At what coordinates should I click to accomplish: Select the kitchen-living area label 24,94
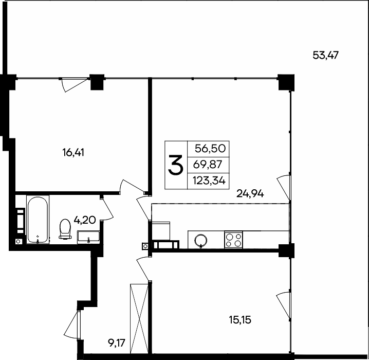(x=250, y=193)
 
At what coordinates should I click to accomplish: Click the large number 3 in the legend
(x=176, y=165)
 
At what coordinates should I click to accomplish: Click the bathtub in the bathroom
(x=38, y=220)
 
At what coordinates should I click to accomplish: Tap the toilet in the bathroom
(x=65, y=229)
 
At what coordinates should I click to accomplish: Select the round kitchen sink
(x=201, y=239)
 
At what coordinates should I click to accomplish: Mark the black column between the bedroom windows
(x=97, y=82)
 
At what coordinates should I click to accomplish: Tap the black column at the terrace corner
(x=285, y=82)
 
